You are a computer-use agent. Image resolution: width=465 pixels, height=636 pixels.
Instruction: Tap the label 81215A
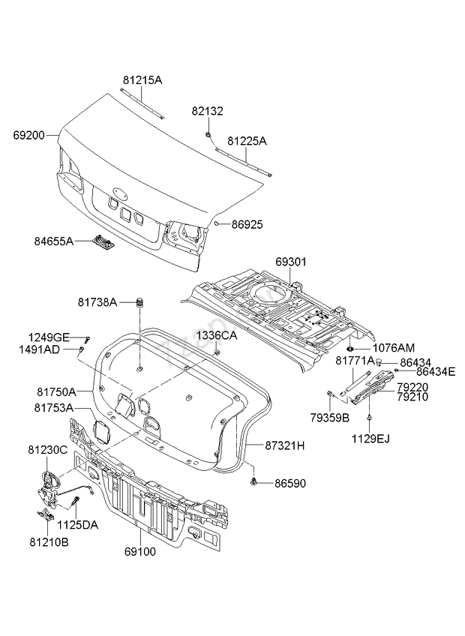(142, 79)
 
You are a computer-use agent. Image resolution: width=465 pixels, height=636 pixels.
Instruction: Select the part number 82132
(207, 110)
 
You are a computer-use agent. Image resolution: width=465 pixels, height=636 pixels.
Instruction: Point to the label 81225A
(247, 140)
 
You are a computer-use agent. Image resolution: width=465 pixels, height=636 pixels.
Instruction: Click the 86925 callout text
(248, 223)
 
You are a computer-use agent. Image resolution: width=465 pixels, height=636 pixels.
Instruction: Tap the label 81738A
(97, 302)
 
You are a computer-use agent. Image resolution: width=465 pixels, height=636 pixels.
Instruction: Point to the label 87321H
(285, 445)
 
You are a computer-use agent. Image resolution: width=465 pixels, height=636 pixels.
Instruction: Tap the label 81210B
(49, 541)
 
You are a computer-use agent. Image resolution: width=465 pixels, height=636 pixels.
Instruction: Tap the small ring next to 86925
(216, 223)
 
